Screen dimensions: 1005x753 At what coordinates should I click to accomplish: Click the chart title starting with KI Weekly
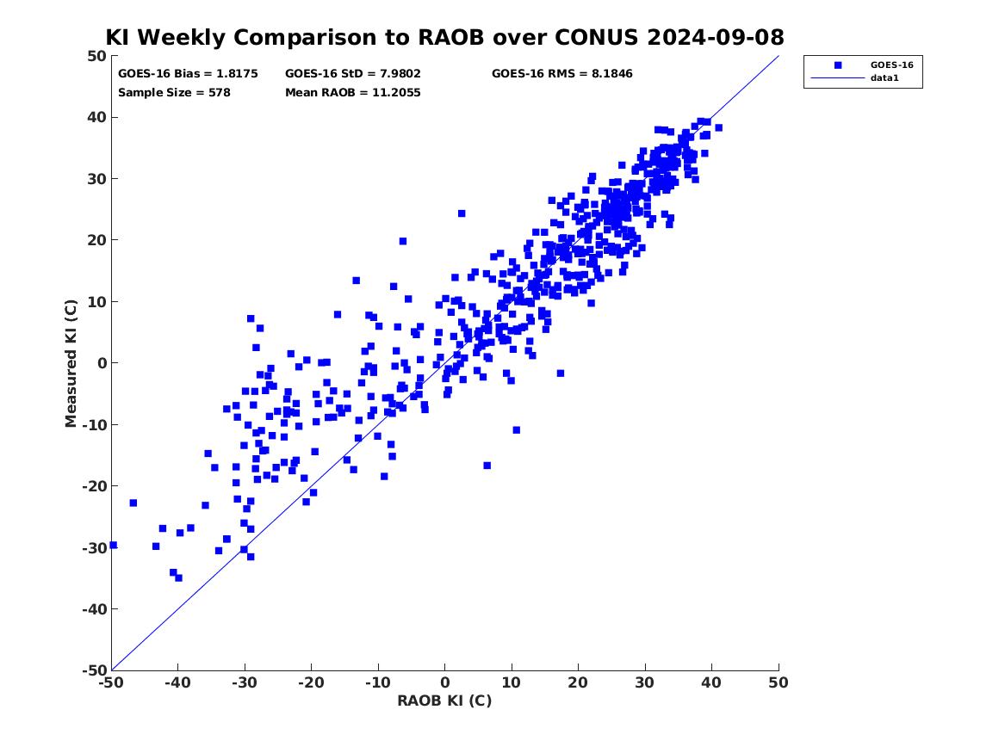(444, 37)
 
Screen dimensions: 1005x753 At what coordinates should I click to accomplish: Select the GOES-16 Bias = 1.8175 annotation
(188, 74)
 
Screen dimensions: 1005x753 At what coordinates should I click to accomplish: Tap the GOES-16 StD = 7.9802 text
(353, 74)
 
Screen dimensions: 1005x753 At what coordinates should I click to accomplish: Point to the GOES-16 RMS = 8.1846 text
(562, 74)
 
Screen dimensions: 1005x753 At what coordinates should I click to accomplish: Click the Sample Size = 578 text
(174, 92)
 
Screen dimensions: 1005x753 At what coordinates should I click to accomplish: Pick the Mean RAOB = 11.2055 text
(353, 92)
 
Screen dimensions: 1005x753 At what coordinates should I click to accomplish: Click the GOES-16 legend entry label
(891, 65)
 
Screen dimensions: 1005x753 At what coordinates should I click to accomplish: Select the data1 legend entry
(884, 78)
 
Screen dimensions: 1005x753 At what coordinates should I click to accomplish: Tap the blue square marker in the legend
(838, 65)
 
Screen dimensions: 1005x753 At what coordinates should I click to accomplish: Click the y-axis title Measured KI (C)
(71, 363)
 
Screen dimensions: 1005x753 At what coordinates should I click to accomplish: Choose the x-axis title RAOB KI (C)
(445, 701)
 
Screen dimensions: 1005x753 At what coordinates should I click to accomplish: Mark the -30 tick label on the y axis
(94, 547)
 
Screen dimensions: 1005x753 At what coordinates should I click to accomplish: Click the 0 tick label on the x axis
(445, 682)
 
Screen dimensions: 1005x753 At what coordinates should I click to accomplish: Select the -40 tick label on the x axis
(177, 682)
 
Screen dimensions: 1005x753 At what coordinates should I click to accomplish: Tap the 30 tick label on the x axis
(645, 682)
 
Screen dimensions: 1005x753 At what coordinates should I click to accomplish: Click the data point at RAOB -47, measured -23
(133, 503)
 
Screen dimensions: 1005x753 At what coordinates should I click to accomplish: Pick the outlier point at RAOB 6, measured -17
(487, 466)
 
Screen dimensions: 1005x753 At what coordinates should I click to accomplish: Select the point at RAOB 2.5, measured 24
(462, 213)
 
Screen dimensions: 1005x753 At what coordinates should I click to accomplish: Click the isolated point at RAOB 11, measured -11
(517, 430)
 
